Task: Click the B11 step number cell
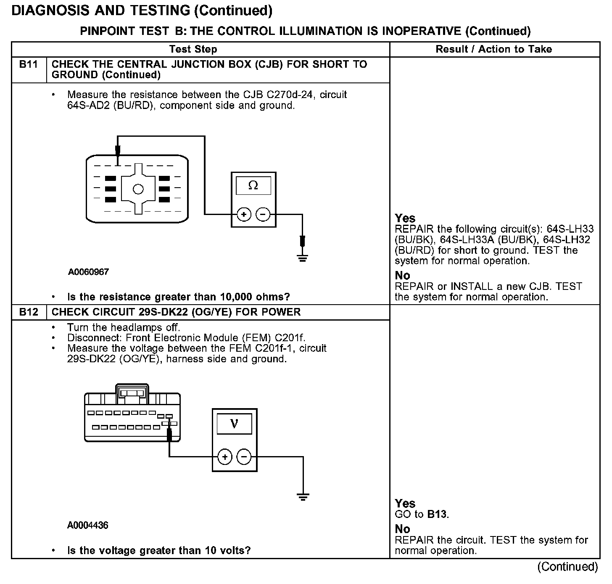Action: click(x=29, y=65)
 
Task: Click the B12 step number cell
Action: click(x=29, y=312)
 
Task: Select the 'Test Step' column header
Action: click(x=193, y=49)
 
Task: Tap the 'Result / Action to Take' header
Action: click(x=493, y=49)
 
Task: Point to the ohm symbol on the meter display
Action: click(x=253, y=185)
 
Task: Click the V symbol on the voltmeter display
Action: click(x=234, y=424)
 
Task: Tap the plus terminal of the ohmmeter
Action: click(x=244, y=215)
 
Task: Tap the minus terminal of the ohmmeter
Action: click(x=263, y=215)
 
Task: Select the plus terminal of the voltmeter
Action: click(x=225, y=457)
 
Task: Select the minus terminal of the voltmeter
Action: click(x=244, y=457)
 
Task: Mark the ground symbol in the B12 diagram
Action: click(x=303, y=496)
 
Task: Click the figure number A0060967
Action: click(x=88, y=272)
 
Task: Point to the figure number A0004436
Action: click(x=87, y=526)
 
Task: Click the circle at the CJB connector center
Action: click(x=138, y=189)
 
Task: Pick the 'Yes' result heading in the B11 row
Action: click(x=405, y=218)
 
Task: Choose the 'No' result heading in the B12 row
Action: click(x=402, y=529)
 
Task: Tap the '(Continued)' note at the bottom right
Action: click(x=567, y=567)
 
